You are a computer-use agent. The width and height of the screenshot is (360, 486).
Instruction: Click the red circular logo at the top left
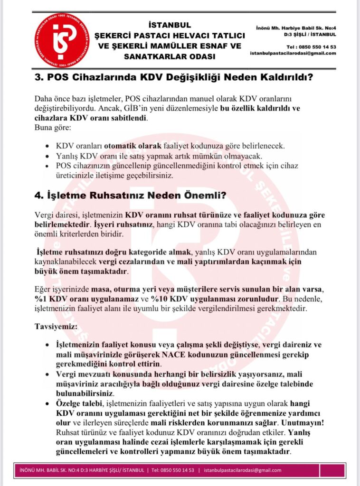61,40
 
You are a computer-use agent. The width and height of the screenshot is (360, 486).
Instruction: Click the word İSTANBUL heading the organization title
170,25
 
